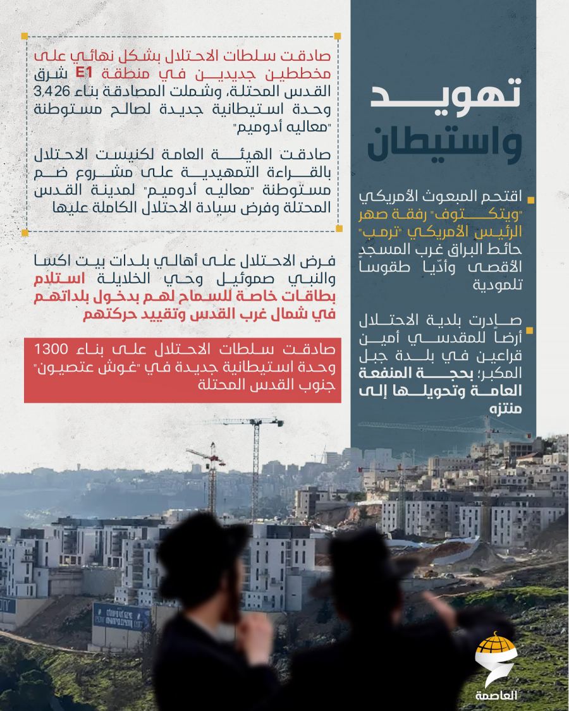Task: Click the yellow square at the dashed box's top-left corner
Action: point(26,35)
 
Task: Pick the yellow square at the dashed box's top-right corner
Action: point(338,35)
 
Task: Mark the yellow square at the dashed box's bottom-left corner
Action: point(26,233)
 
